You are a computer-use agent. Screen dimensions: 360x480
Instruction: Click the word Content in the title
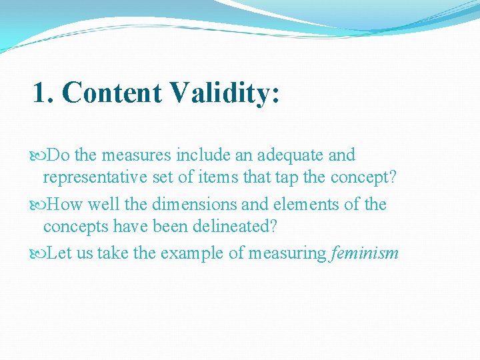[111, 93]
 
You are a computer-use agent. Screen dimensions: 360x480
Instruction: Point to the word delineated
[234, 227]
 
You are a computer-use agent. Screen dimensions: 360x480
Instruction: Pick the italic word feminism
[363, 253]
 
